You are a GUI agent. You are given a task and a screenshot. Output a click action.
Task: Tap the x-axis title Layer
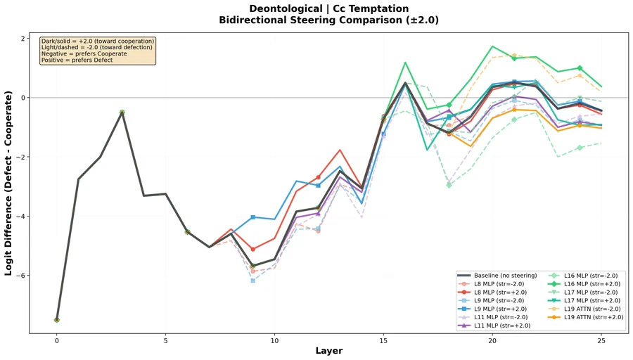(329, 350)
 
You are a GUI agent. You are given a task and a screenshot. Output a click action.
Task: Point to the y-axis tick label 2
(23, 38)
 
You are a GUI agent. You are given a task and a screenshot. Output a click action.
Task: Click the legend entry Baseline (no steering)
(506, 275)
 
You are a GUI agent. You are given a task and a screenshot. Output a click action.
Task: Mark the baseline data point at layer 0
(57, 320)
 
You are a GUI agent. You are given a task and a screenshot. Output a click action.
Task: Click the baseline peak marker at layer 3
(122, 112)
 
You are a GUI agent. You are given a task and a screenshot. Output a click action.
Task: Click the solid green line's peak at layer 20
(492, 46)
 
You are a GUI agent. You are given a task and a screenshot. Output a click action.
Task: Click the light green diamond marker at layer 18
(449, 185)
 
